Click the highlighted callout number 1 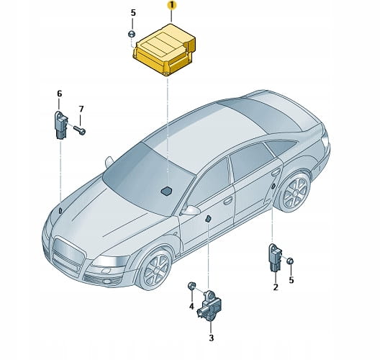[171, 5]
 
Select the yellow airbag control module [164, 50]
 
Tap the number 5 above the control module [133, 13]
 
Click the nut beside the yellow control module [132, 34]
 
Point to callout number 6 [59, 94]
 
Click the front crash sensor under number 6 [61, 125]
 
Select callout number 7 [81, 109]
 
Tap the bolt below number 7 [80, 130]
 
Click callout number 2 [276, 287]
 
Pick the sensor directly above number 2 [276, 258]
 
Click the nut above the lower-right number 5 [290, 261]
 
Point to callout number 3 [211, 338]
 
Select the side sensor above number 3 [209, 305]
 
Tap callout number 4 [191, 306]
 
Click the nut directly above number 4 [191, 286]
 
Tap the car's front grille [68, 255]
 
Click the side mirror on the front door [190, 210]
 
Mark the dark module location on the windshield [166, 191]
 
